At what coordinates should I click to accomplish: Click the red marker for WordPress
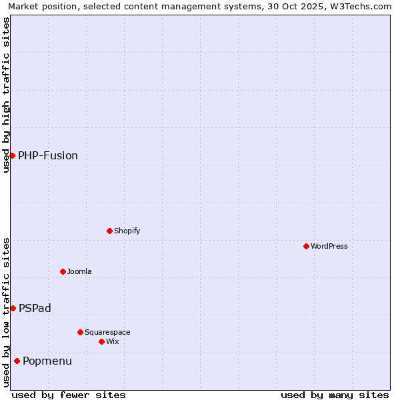[x=306, y=246]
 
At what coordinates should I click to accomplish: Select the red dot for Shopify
[x=109, y=231]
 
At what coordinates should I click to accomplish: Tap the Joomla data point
[x=63, y=271]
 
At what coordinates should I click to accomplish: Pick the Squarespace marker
[x=80, y=332]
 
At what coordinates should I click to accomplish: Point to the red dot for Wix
[x=101, y=341]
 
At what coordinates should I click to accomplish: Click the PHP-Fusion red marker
[x=12, y=155]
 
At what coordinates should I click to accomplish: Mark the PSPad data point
[x=13, y=308]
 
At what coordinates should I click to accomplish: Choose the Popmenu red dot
[x=17, y=361]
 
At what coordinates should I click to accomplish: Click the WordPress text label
[x=329, y=246]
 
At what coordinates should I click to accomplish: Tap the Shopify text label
[x=127, y=231]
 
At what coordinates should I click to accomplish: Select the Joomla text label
[x=79, y=271]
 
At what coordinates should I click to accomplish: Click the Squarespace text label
[x=107, y=332]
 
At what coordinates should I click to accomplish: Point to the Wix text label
[x=112, y=341]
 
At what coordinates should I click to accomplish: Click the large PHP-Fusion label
[x=48, y=155]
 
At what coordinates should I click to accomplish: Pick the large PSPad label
[x=35, y=308]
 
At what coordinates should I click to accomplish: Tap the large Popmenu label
[x=47, y=361]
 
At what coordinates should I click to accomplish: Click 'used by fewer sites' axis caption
[x=69, y=395]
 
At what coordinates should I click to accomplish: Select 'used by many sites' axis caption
[x=335, y=395]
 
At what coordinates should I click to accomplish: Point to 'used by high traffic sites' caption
[x=7, y=95]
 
